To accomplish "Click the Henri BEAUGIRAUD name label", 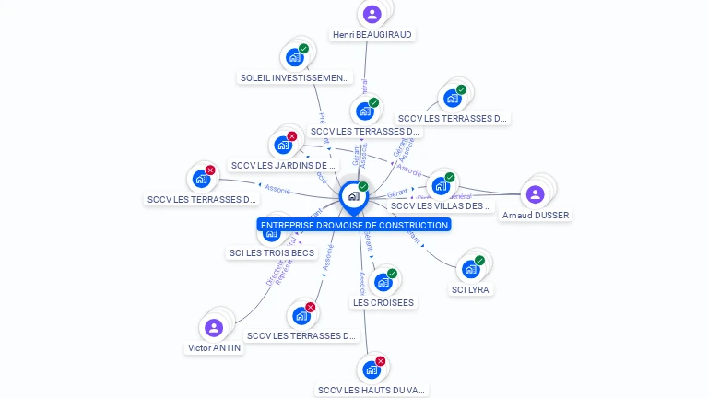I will pos(372,34).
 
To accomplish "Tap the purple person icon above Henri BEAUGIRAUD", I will pos(372,14).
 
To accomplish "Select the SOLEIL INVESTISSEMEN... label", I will pos(295,78).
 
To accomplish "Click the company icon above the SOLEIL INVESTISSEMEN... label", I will pos(296,57).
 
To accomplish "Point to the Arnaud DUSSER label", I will pos(536,215).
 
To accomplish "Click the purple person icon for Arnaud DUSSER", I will pos(535,194).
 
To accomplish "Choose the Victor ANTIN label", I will pos(214,348).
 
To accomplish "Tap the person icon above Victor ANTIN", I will pos(214,328).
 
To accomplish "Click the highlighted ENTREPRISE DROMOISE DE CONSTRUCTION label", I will pos(355,225).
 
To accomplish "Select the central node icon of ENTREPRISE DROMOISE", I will pos(353,196).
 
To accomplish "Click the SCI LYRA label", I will pos(471,289).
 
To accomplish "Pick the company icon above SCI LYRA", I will pos(471,269).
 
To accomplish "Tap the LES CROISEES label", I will pos(383,302).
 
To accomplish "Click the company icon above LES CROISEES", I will pos(383,282).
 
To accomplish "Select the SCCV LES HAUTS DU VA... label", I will pos(372,391).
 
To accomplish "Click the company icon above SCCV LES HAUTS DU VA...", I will pos(372,369).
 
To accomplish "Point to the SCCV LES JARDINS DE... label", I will pos(284,166).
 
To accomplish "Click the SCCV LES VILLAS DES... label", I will pos(442,206).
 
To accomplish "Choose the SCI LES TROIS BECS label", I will pos(271,252).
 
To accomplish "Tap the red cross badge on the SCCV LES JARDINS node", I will pos(292,136).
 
